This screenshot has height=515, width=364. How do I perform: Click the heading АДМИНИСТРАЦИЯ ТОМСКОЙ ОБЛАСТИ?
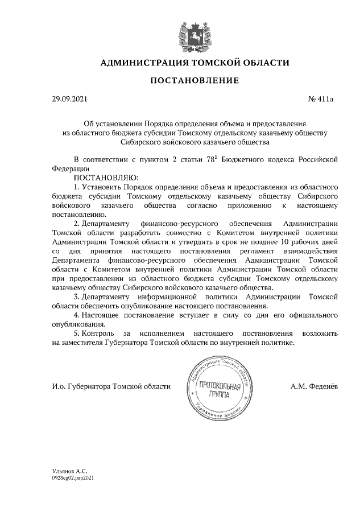point(195,63)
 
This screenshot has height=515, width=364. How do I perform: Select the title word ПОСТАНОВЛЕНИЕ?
point(195,81)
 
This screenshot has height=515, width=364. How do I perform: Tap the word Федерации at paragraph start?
point(70,168)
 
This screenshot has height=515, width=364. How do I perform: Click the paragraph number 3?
point(76,296)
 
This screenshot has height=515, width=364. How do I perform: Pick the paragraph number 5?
point(76,333)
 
